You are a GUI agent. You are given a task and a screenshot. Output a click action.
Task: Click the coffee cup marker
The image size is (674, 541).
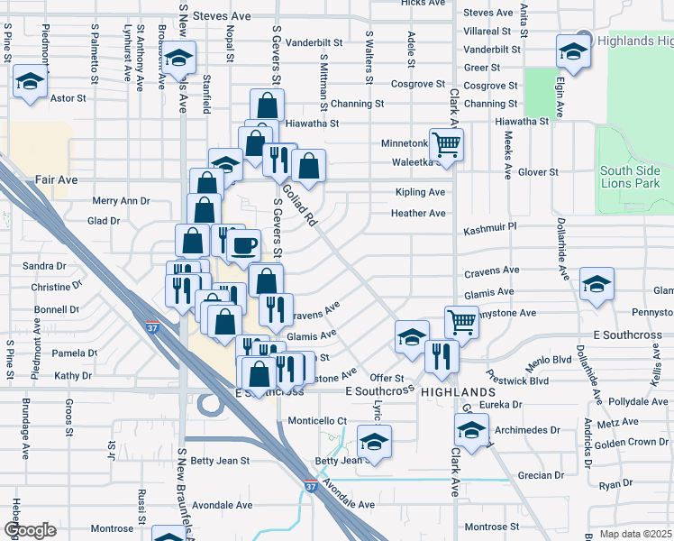(243, 245)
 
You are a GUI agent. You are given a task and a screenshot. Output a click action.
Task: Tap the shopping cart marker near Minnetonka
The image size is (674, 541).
(446, 142)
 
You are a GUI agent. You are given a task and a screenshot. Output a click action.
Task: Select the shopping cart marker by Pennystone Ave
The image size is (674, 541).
(460, 320)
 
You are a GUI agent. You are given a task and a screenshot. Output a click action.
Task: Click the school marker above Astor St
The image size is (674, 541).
(30, 83)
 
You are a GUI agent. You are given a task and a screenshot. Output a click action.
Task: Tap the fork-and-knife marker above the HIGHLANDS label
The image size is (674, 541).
(442, 354)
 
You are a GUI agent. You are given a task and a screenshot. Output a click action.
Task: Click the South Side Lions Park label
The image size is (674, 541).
(630, 177)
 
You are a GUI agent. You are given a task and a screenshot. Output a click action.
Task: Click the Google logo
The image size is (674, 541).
(30, 530)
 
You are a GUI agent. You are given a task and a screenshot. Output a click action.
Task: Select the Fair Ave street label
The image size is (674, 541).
(56, 179)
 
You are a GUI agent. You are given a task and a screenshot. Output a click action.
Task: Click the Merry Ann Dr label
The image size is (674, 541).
(121, 201)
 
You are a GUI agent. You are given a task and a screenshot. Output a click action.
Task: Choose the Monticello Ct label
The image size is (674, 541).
(317, 421)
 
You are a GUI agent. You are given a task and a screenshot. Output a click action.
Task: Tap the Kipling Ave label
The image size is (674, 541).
(420, 192)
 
